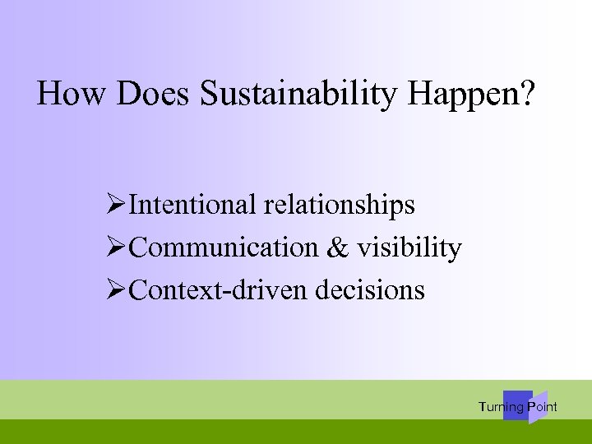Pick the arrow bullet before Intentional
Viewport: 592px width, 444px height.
117,204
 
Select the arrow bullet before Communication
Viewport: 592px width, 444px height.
117,247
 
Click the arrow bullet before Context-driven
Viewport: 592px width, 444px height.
117,289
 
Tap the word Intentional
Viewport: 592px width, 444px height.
193,204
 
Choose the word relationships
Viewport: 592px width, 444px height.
339,206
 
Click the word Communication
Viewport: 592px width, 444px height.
224,247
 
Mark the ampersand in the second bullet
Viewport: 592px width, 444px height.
337,247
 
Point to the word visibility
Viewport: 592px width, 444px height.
409,247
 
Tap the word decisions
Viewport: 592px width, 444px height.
377,289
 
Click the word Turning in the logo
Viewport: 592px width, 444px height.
501,407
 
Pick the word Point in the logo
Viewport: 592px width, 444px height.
543,407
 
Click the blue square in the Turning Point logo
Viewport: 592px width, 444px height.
516,405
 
